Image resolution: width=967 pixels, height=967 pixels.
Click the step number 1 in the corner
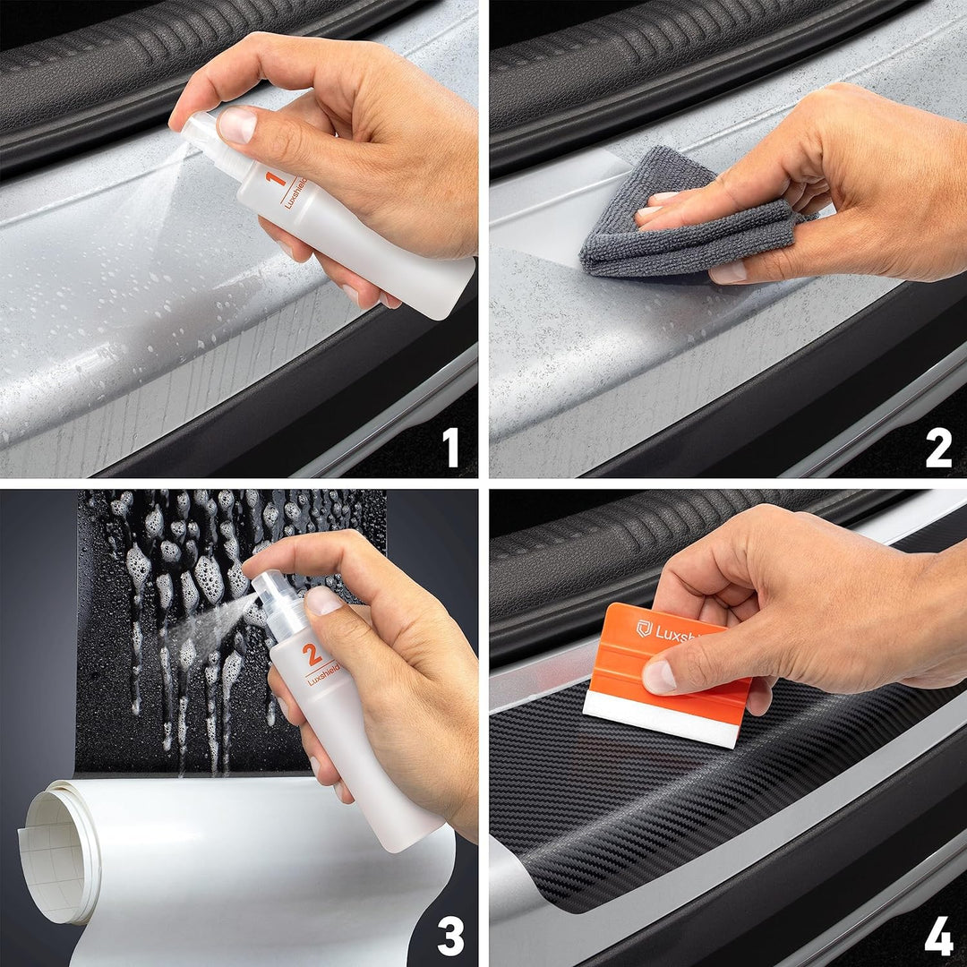pos(451,448)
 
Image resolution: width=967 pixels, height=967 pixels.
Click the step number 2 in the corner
pos(937,448)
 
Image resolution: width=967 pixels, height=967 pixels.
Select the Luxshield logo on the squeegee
pos(645,629)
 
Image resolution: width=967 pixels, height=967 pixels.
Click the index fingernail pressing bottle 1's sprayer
pos(236,124)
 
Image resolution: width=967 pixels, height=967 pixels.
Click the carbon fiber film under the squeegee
pos(627,806)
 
